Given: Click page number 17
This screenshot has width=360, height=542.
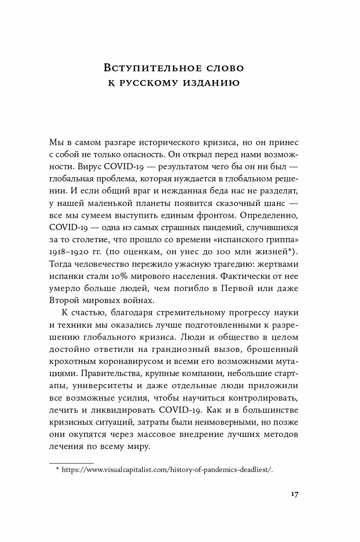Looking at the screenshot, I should point(294,494).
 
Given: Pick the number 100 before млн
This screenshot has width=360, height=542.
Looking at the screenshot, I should point(220,253).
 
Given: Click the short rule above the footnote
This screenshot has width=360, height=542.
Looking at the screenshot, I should point(71,462).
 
